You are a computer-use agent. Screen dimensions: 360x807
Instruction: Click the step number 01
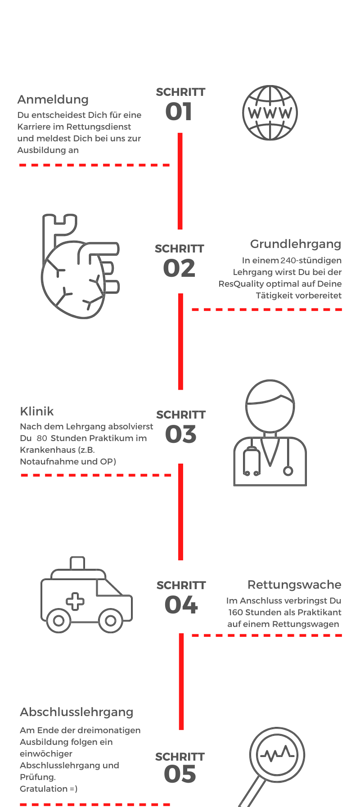click(179, 112)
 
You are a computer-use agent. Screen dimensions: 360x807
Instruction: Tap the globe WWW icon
click(270, 113)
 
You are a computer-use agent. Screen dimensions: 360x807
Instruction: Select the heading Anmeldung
click(53, 99)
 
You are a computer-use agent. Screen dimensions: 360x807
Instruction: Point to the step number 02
click(179, 268)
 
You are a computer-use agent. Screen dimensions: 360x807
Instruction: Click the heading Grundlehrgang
click(296, 244)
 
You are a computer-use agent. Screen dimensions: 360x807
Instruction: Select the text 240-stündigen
click(311, 260)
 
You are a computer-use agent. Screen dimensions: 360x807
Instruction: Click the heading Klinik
click(37, 411)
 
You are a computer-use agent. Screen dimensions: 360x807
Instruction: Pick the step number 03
click(181, 434)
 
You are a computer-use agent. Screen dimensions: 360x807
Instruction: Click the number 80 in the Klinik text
click(42, 438)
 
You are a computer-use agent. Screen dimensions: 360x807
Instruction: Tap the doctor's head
click(270, 406)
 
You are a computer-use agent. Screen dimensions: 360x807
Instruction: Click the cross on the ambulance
click(75, 601)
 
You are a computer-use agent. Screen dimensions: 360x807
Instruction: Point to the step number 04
click(181, 605)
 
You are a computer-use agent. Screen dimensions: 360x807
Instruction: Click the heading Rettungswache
click(294, 585)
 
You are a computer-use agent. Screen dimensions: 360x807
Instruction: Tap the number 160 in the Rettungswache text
click(235, 612)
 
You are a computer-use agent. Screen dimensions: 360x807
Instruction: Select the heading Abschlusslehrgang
click(77, 712)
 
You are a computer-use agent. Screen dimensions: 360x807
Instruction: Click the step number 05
click(180, 774)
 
